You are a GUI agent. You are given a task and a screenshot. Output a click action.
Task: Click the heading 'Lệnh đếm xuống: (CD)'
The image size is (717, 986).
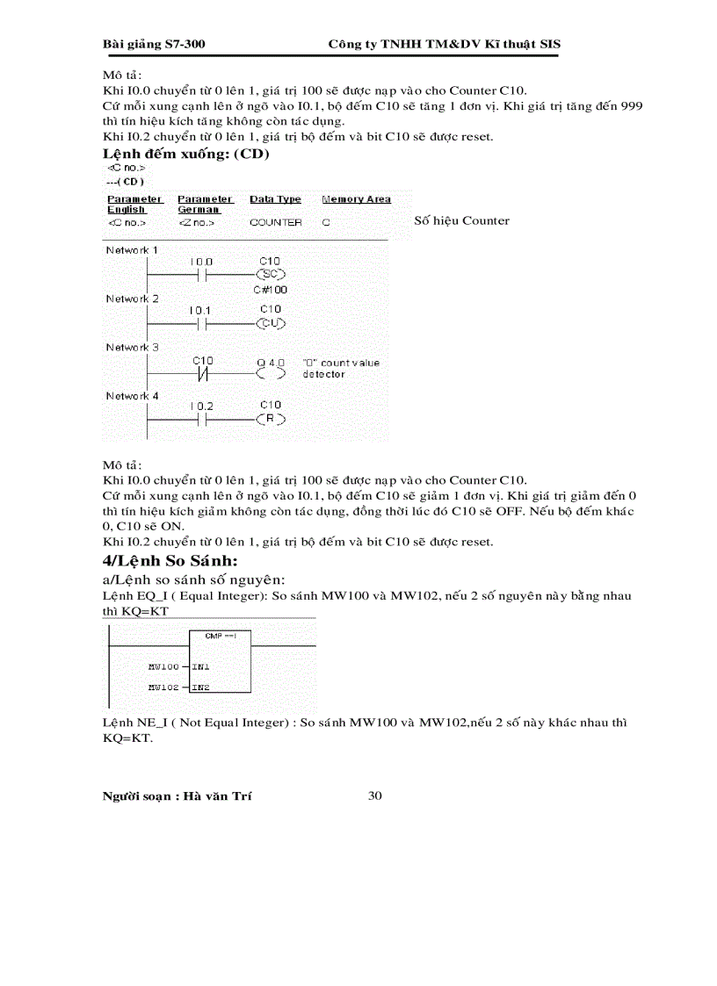pos(186,154)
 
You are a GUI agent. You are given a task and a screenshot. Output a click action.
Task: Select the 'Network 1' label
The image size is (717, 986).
pos(132,250)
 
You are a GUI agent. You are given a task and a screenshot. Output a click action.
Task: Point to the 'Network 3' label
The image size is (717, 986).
pos(132,348)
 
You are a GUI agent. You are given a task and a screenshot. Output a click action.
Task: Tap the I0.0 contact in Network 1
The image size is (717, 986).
pos(201,275)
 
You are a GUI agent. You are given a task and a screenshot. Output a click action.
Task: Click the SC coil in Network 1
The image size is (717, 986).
pos(271,275)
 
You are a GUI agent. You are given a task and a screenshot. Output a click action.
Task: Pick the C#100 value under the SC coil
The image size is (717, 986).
pos(271,289)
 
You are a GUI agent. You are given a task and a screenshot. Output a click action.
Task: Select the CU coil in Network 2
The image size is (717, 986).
pos(271,324)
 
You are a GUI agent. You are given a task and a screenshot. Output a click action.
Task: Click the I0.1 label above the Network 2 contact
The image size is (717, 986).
pos(201,310)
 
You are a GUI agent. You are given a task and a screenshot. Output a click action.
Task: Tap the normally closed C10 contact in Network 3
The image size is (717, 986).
pos(203,373)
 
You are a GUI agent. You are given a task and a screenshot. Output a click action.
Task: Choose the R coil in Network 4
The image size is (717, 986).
pos(271,420)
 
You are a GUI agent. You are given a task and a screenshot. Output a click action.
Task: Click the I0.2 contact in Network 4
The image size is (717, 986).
pos(201,420)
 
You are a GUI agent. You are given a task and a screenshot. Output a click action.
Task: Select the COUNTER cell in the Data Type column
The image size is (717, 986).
pos(275,223)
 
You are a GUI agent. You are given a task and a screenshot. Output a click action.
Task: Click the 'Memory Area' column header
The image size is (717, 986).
pos(356,199)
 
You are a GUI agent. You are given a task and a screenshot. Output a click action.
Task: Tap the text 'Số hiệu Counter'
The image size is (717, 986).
pos(461,220)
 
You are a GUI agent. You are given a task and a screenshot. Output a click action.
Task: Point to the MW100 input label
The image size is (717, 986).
pos(163,667)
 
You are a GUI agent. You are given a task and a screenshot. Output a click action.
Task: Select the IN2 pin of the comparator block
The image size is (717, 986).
pos(201,687)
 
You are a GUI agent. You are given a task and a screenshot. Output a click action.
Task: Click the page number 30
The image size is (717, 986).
pos(374,795)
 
